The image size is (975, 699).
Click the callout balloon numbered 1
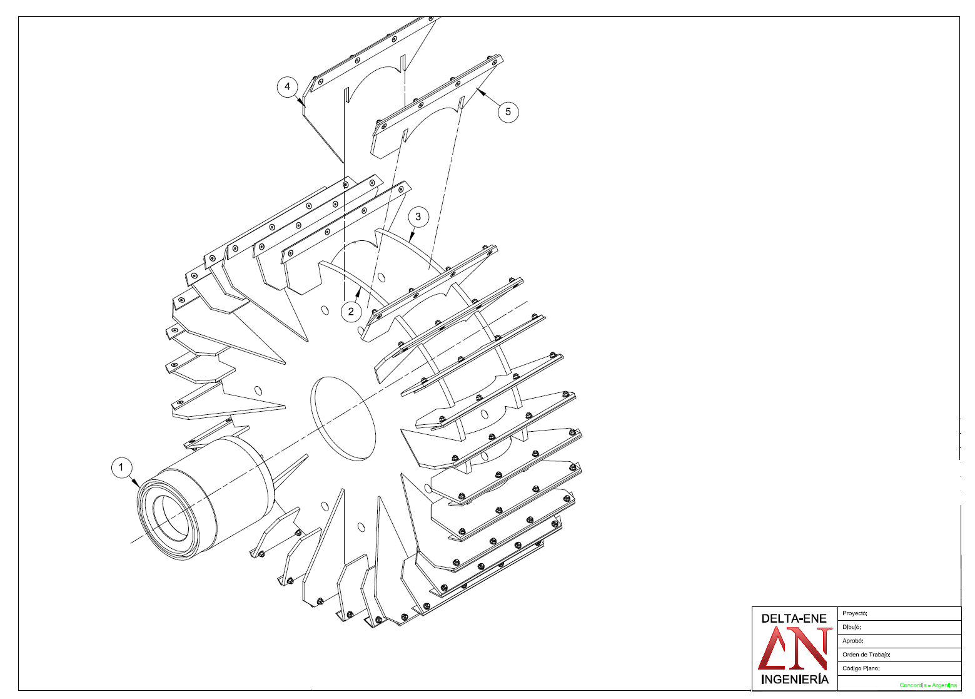coord(121,467)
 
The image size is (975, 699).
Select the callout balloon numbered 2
coord(351,312)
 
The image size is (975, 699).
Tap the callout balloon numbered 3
coord(418,217)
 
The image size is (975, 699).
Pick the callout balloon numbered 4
coord(287,86)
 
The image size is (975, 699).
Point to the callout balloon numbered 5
coord(508,112)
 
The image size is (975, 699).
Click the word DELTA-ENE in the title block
coord(794,618)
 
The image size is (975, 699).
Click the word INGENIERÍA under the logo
coord(794,680)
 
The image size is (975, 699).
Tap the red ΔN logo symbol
coord(794,649)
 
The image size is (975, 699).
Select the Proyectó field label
coord(855,613)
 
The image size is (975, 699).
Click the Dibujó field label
coord(852,627)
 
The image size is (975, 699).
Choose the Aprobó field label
coord(853,641)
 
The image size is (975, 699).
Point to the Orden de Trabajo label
coord(866,655)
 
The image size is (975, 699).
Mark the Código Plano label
coord(861,668)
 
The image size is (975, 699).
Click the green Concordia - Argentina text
coord(928,685)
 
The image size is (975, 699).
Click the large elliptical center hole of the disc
coord(343,419)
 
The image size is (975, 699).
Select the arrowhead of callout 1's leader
coord(137,484)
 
